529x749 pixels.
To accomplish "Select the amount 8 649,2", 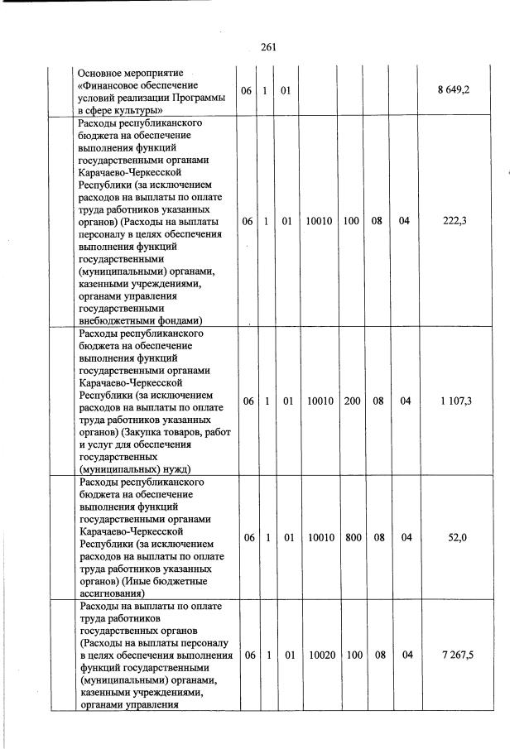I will pos(454,90).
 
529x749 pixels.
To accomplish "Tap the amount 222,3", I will pos(454,221).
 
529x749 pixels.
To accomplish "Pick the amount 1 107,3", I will pos(454,401).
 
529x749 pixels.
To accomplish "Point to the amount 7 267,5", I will pos(454,655).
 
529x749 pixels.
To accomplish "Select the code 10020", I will pos(320,655).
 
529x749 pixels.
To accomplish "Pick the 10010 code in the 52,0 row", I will pos(320,537).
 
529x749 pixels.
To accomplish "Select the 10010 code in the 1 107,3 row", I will pos(320,401).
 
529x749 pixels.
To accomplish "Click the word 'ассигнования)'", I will pos(112,593).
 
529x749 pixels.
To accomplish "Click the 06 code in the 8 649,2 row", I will pos(248,90).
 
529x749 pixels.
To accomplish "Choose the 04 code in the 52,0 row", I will pos(406,537).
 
